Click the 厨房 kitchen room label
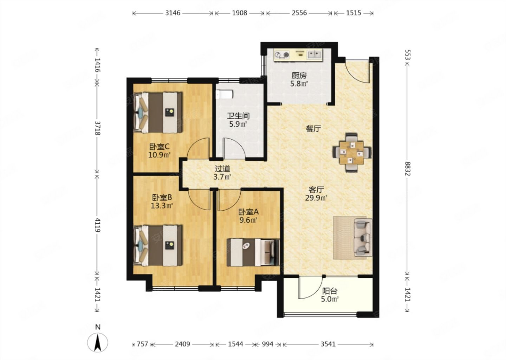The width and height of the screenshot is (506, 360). click(x=299, y=76)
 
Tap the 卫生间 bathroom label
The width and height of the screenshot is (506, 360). click(x=238, y=116)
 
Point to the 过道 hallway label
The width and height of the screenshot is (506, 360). click(x=222, y=169)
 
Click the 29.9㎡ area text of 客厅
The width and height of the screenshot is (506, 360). click(x=316, y=198)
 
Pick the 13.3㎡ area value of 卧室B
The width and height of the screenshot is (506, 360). click(x=162, y=206)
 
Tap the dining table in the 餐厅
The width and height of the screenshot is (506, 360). click(x=352, y=153)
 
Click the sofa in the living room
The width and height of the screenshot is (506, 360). click(x=363, y=237)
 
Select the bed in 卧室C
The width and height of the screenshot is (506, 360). click(x=158, y=112)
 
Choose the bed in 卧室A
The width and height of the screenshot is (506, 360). click(x=253, y=252)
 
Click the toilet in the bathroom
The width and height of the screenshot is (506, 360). click(x=224, y=95)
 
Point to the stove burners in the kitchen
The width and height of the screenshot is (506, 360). click(x=282, y=55)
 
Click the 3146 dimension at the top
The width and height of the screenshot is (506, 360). click(x=173, y=13)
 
